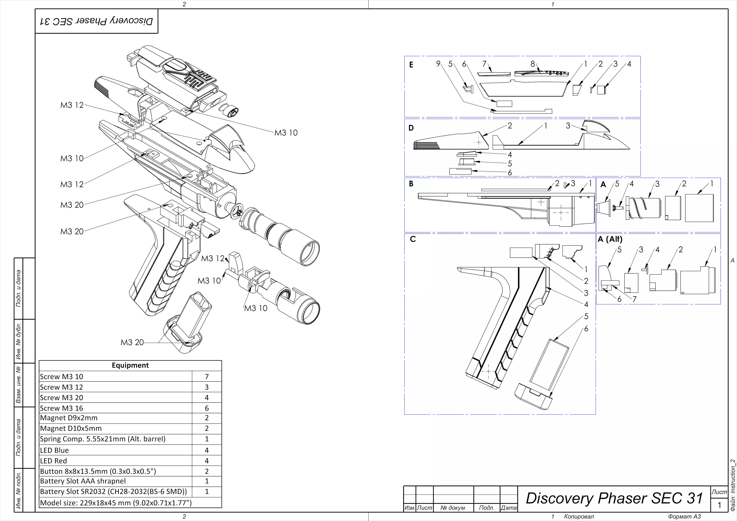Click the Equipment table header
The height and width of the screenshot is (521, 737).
click(130, 365)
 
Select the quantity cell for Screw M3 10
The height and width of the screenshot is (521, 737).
click(207, 377)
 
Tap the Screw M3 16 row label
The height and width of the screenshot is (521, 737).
click(61, 408)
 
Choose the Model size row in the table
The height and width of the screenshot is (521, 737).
click(116, 503)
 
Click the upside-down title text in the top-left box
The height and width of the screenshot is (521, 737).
click(96, 21)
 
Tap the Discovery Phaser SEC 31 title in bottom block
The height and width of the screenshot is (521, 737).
click(614, 498)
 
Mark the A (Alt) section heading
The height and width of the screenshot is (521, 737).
click(610, 239)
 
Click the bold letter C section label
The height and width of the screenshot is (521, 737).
click(413, 239)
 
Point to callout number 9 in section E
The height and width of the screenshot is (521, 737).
click(438, 64)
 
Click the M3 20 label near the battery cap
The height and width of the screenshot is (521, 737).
click(132, 343)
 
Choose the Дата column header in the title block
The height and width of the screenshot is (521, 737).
click(509, 508)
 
